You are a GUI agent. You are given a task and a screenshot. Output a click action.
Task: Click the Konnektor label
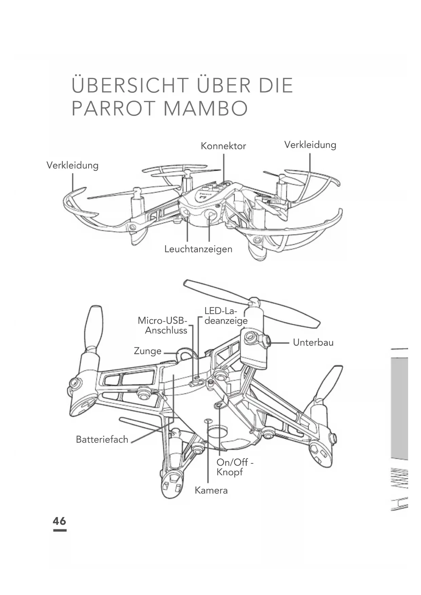(x=223, y=146)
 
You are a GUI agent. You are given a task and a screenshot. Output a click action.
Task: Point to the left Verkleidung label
(x=72, y=166)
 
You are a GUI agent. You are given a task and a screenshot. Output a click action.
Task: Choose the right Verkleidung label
(x=310, y=145)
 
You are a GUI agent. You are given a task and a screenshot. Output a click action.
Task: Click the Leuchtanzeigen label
(x=198, y=249)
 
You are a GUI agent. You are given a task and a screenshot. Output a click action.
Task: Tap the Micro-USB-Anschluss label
(x=163, y=325)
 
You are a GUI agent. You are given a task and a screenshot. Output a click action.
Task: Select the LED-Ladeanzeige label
(x=226, y=316)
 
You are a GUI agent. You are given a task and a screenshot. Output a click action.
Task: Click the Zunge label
(x=148, y=351)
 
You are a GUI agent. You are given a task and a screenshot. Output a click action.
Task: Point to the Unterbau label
(x=313, y=342)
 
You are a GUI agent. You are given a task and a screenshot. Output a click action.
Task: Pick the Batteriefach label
(x=102, y=439)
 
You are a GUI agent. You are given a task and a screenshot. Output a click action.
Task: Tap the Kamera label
(x=211, y=490)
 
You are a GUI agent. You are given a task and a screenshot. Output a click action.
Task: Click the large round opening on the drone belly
(x=217, y=434)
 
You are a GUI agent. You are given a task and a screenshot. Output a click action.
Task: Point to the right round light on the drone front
(x=211, y=214)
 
